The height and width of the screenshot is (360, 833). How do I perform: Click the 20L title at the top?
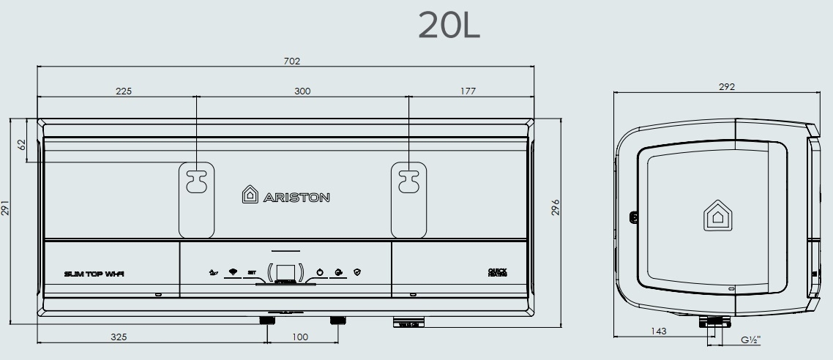pos(449,26)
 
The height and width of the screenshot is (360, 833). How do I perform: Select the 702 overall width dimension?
pos(292,61)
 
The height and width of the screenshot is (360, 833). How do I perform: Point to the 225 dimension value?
pos(124,91)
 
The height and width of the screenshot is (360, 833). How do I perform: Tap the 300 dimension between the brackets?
pos(302,91)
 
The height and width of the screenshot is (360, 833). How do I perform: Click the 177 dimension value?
pos(468,91)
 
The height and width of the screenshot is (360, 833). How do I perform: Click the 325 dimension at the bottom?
pos(119,337)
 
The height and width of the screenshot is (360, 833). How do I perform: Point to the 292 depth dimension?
pos(727,87)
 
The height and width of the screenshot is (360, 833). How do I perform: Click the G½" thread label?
pos(750,340)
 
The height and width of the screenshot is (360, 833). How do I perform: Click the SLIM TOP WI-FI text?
pos(94,274)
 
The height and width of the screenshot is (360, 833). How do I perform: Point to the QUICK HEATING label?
pos(497,272)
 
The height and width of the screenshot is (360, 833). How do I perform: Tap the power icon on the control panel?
pos(319,273)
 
